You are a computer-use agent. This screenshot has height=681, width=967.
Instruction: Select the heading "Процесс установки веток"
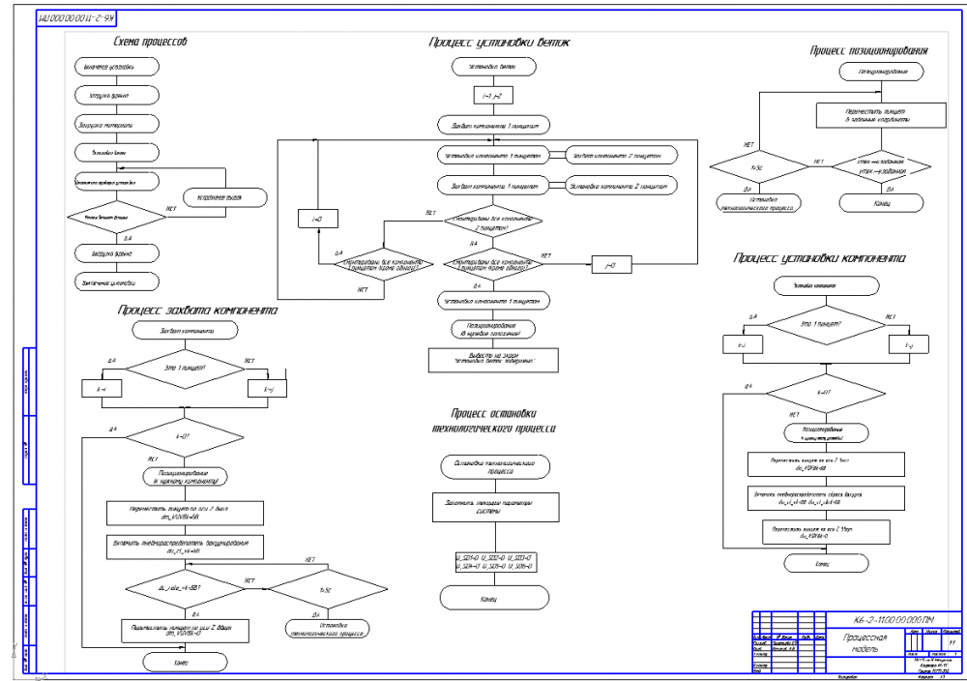coord(500,43)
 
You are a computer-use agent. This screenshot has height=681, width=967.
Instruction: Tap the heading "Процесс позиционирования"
coord(869,49)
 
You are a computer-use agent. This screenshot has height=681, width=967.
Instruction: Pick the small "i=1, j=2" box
coord(492,95)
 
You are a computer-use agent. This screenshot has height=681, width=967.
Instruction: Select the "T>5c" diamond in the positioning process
coord(756,165)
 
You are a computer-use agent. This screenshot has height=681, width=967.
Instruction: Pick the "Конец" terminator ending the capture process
coord(187,661)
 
